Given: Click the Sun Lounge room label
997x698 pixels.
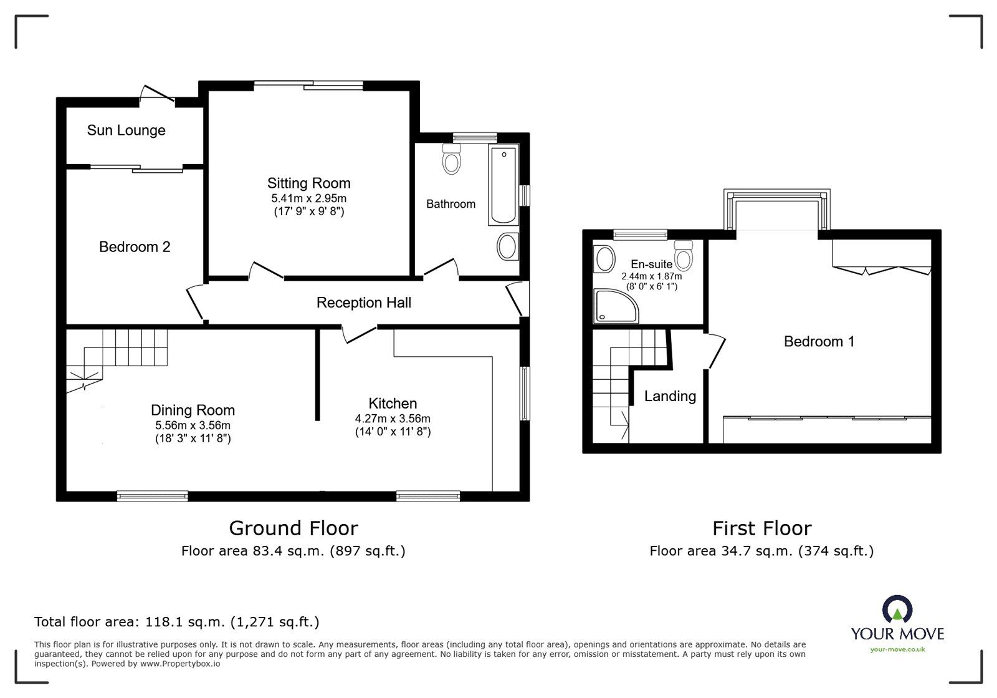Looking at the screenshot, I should (x=126, y=130).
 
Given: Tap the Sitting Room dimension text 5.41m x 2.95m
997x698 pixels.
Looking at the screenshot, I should (x=308, y=198).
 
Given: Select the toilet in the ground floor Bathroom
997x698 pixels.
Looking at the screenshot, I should (x=451, y=160).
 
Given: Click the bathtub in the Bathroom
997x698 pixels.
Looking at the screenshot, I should (x=503, y=185).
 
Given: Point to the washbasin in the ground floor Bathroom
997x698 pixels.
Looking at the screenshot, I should (x=508, y=247).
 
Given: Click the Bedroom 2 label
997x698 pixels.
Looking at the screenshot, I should (x=135, y=247).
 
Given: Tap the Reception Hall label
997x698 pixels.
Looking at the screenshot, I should (x=363, y=303).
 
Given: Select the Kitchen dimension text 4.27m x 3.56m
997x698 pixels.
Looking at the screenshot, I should (x=393, y=419).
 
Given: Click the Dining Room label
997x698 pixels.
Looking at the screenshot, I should (x=193, y=410).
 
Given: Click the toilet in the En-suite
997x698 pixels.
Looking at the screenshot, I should (x=684, y=254).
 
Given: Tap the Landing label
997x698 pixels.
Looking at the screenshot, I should (x=670, y=396).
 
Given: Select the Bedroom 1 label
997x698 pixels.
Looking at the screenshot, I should (x=819, y=342).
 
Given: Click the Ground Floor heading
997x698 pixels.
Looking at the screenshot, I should (x=293, y=528).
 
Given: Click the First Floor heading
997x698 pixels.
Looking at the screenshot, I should (x=761, y=529).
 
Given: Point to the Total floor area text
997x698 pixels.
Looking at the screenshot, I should (x=176, y=622).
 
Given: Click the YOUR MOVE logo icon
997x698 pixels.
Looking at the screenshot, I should (x=897, y=610).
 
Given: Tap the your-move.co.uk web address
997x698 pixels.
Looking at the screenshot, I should (x=897, y=649).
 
